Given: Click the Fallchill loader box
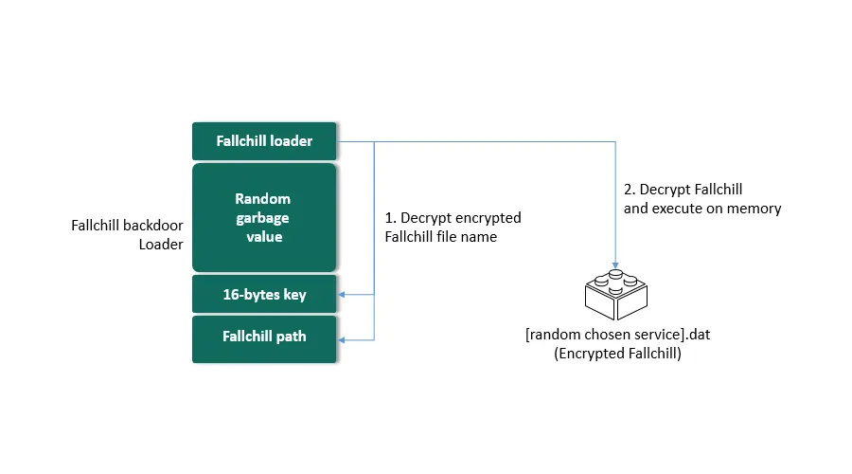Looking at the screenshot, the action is (x=264, y=141).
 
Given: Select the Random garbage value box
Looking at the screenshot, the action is (x=264, y=218).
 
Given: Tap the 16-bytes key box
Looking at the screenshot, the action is (x=264, y=295).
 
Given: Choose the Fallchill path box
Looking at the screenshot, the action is (x=264, y=339).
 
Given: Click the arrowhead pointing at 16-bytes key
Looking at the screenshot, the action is (x=341, y=295).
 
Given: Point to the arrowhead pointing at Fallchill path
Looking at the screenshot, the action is (x=341, y=340).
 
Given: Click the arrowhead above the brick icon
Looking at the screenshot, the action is (x=615, y=265).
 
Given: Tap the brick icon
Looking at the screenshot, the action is (x=615, y=295).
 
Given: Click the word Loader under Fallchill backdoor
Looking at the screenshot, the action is (x=161, y=245).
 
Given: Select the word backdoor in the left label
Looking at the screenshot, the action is (x=152, y=226).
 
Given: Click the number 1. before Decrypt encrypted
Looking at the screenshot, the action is (x=390, y=218).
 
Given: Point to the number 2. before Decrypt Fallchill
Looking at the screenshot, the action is (x=630, y=190).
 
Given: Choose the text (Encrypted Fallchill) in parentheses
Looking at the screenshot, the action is (x=618, y=354).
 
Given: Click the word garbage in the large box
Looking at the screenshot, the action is (x=262, y=218).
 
